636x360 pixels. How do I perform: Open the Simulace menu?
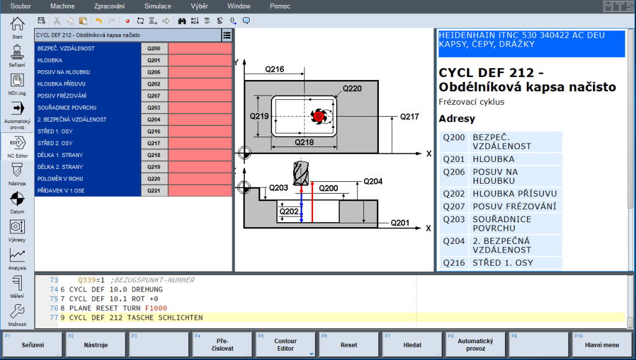158,6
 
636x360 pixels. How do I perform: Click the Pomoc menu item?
279,6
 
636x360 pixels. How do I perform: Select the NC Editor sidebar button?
17,146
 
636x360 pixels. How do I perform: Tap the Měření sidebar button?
17,286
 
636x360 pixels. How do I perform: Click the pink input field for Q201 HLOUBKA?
200,60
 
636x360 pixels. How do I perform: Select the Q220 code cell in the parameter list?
155,179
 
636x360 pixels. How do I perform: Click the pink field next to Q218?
200,155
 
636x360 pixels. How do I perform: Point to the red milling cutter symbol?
319,116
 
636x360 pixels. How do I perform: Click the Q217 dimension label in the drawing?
409,116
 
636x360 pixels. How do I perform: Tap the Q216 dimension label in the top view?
274,70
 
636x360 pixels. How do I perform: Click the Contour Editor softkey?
284,345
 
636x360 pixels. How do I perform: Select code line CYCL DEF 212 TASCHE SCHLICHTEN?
136,318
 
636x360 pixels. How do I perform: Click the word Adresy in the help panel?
457,119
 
